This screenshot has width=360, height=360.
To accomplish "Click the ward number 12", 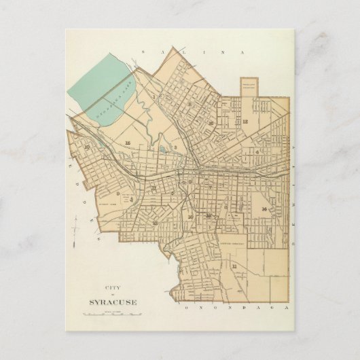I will [245, 121].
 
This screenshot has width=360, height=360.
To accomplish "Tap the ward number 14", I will [263, 209].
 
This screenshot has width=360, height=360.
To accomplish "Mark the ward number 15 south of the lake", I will [128, 143].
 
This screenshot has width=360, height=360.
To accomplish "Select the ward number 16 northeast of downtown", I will [211, 123].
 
